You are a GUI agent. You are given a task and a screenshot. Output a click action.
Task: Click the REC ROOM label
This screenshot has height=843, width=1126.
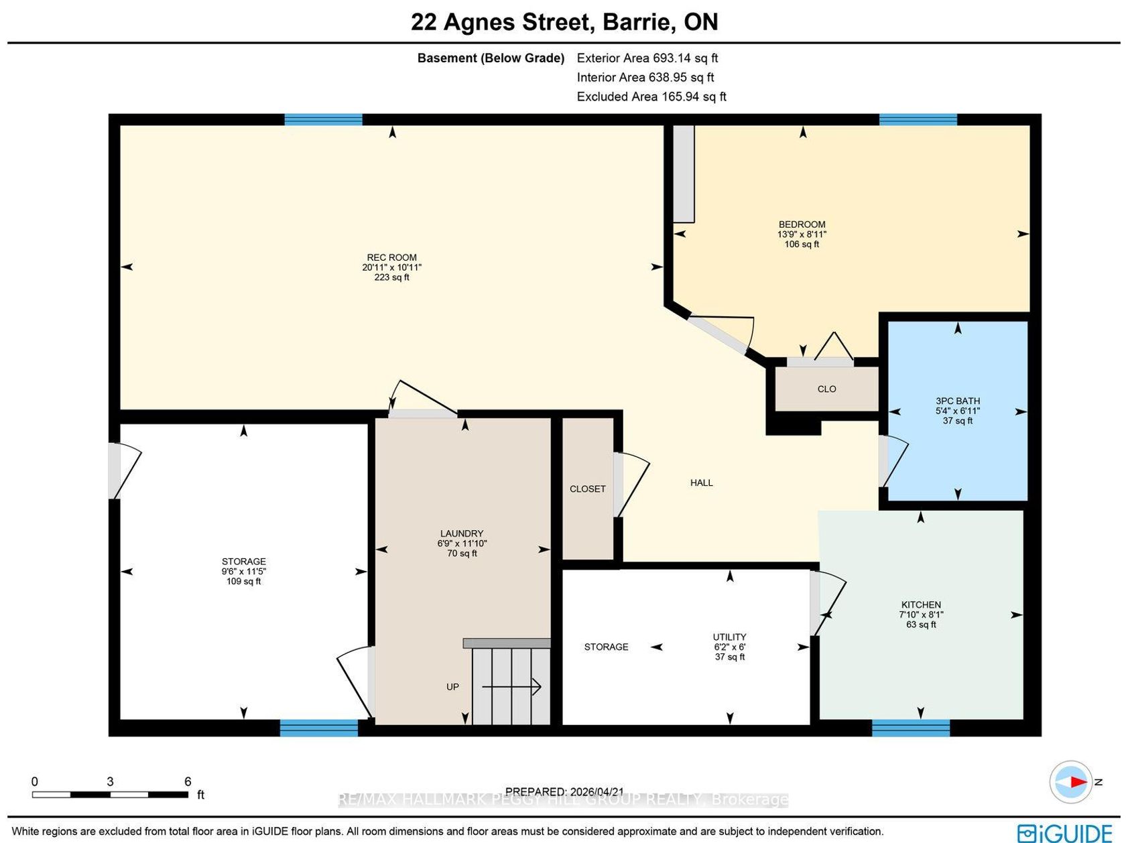click(391, 257)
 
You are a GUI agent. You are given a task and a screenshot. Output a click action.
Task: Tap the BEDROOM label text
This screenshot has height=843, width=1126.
click(802, 224)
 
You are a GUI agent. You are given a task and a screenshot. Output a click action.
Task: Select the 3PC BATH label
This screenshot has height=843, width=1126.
click(957, 401)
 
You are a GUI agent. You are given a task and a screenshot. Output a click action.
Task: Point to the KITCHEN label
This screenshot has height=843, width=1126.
click(921, 604)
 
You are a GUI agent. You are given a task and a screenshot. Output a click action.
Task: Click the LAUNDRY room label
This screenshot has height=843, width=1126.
click(462, 533)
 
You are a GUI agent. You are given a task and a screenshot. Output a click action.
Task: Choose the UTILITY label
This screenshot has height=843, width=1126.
click(729, 637)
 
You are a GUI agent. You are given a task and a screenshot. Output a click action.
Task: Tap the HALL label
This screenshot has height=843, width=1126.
click(701, 482)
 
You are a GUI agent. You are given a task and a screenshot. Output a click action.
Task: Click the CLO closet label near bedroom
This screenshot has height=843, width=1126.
click(826, 389)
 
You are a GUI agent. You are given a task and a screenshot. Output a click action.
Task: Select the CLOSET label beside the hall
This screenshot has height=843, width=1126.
click(587, 489)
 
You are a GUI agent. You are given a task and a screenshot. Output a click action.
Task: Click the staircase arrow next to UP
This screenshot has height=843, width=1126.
click(511, 686)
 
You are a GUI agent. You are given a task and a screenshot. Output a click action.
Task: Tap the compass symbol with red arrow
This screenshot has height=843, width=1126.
click(1070, 782)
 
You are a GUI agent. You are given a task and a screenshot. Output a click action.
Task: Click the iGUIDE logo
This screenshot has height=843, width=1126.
click(1065, 832)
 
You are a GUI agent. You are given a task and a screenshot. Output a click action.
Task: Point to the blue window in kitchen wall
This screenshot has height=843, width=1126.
click(911, 728)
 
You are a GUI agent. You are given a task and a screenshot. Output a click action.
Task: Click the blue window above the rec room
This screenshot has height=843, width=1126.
click(323, 120)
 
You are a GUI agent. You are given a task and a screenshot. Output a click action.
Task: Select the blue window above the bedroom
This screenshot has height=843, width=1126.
click(918, 120)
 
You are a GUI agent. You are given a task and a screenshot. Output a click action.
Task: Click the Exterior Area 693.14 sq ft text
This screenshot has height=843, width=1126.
click(647, 58)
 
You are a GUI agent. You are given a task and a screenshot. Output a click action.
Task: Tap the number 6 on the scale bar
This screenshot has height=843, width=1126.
click(188, 781)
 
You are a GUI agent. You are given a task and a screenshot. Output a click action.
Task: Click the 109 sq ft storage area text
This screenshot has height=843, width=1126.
click(244, 582)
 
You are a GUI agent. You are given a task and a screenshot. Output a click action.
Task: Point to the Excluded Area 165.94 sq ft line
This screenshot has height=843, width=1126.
click(651, 96)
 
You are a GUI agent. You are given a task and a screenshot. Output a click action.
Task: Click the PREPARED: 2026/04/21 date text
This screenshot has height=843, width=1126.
click(564, 791)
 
